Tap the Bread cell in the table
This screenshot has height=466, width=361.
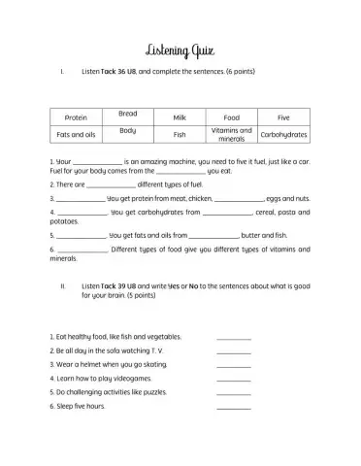tap(128, 113)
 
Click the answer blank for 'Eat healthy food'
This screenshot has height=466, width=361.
tap(234, 337)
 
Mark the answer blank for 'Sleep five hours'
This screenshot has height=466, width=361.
tap(234, 407)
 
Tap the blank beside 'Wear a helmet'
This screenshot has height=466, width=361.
tap(234, 365)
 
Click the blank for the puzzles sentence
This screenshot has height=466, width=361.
tap(234, 393)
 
